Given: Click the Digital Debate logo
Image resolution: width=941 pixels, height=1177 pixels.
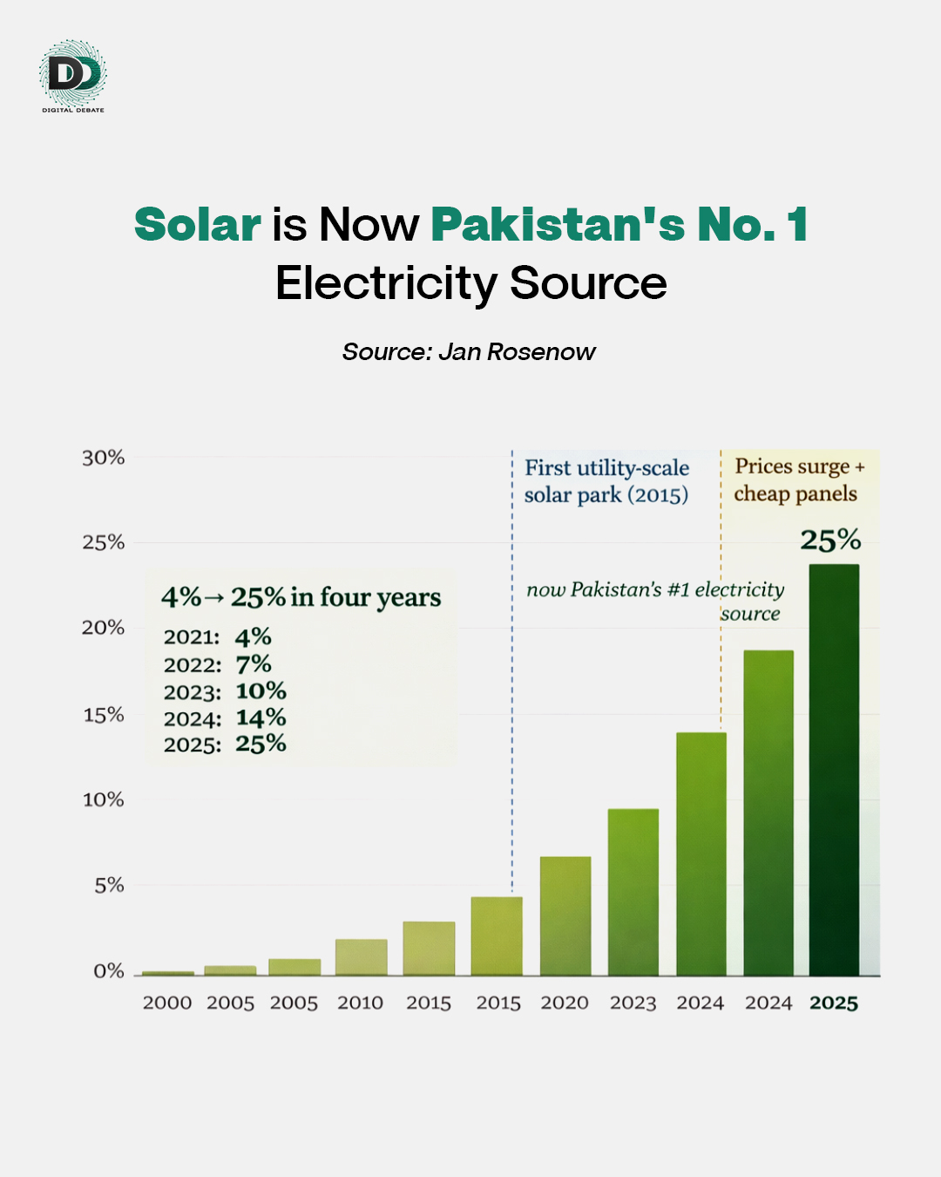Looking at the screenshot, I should [x=73, y=75].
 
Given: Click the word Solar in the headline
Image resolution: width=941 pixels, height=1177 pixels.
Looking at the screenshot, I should [x=198, y=225].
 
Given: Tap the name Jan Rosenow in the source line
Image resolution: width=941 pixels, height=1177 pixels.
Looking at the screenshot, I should [x=517, y=352].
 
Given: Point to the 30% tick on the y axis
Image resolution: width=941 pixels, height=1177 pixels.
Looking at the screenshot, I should [x=104, y=459].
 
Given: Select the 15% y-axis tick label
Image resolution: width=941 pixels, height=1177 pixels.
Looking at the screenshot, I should [x=104, y=716].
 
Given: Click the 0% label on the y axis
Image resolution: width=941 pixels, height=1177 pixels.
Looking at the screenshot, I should [x=109, y=971].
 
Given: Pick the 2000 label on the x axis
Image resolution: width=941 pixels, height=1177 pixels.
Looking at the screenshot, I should [x=167, y=1003].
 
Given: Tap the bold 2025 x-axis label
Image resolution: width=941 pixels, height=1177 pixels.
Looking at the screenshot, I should [x=834, y=1004].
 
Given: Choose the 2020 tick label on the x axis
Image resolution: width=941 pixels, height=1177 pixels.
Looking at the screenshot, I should [x=565, y=1003].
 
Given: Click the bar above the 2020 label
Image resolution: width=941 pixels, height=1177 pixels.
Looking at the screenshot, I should [x=565, y=915].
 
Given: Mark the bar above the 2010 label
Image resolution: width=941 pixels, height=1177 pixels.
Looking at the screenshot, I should [x=362, y=957].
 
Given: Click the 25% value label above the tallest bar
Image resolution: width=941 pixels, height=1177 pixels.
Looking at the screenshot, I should [x=830, y=541].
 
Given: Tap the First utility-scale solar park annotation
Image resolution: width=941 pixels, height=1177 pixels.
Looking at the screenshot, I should [x=606, y=481].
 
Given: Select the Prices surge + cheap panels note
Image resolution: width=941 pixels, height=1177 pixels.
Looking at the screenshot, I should [x=797, y=480].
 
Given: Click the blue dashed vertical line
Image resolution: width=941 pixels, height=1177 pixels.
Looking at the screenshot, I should [x=512, y=697].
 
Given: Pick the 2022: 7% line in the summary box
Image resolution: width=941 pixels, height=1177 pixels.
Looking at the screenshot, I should [x=218, y=664].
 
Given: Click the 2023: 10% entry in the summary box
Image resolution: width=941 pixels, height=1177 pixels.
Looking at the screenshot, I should [x=225, y=691].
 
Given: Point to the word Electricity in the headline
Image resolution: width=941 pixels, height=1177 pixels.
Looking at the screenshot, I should [x=386, y=284].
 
